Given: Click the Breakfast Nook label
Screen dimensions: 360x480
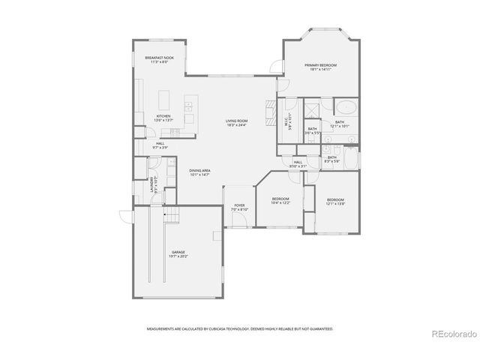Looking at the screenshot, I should (x=159, y=60).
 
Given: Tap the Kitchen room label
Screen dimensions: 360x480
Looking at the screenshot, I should (x=163, y=118).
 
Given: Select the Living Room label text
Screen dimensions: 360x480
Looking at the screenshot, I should (x=237, y=122).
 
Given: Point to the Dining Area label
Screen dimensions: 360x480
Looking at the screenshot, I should (x=199, y=172).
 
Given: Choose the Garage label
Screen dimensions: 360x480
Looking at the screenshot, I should (x=178, y=253).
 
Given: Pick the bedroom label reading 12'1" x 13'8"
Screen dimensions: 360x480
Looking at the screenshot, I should (x=335, y=201).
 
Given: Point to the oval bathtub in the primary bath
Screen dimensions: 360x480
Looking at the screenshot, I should (x=345, y=106).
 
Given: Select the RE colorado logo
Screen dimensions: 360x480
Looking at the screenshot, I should (x=452, y=334).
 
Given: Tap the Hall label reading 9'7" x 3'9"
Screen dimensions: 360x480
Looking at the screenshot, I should (x=160, y=145).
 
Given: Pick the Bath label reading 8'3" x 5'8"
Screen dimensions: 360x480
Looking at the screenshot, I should (x=332, y=159).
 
